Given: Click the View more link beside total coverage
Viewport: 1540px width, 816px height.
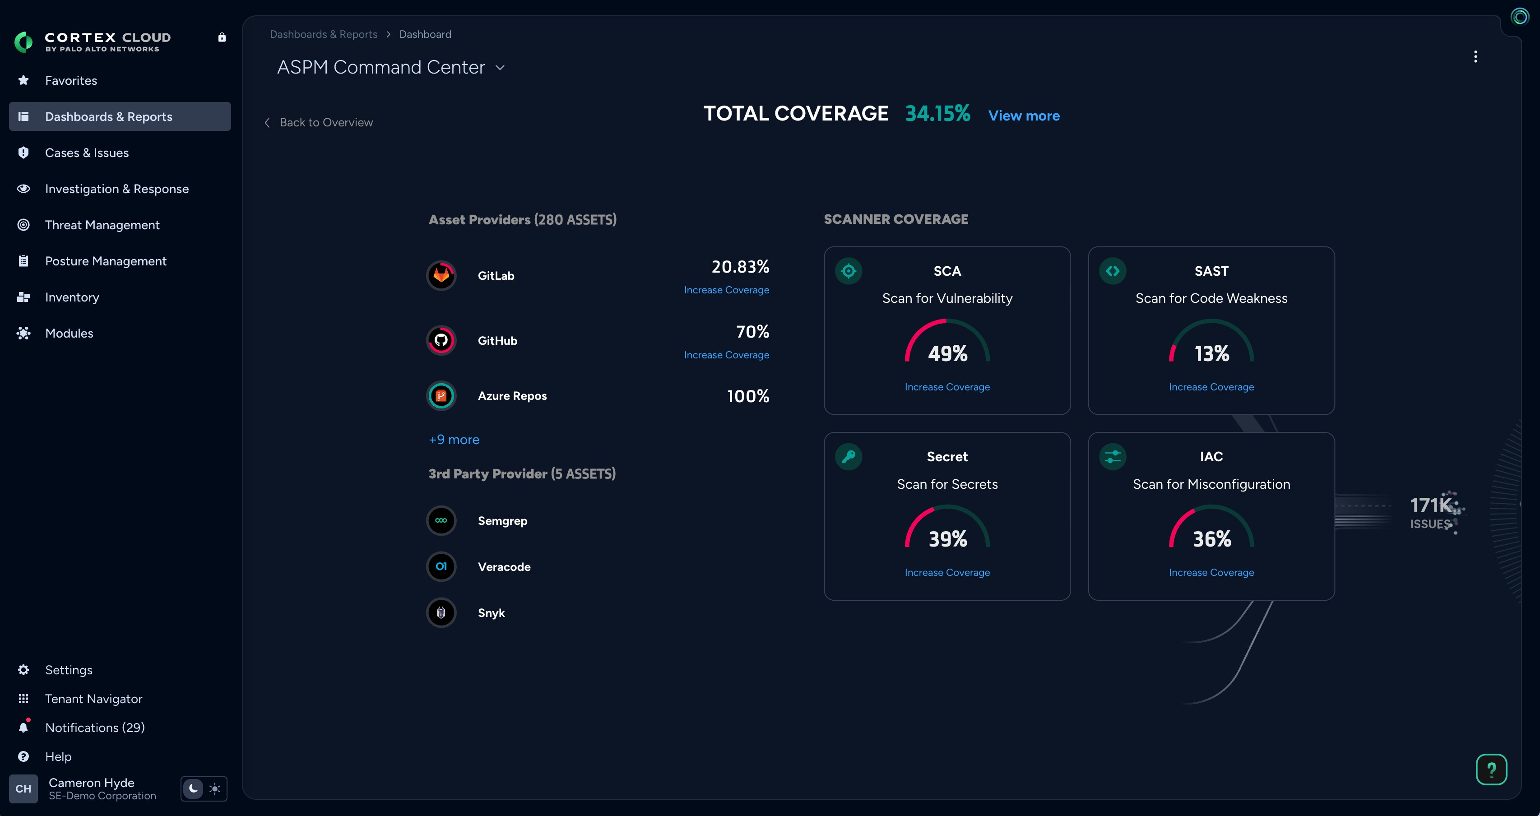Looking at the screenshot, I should point(1024,116).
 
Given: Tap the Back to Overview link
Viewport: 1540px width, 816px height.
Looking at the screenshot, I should point(325,123).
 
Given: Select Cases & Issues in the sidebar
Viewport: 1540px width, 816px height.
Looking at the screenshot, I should point(87,153).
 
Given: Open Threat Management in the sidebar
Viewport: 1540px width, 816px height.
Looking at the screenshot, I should point(102,225).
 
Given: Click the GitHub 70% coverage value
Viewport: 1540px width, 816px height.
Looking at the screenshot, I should point(752,332).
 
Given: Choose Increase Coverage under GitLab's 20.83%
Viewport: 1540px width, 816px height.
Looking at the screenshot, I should point(726,290).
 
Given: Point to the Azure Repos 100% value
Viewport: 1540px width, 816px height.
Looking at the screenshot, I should point(748,396).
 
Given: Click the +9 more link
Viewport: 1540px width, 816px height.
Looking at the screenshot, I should point(454,440).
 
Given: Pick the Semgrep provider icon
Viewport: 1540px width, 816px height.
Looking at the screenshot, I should point(441,521).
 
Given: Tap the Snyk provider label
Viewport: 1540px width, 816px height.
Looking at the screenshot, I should point(491,613).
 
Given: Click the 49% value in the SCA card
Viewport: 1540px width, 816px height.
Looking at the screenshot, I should point(947,354).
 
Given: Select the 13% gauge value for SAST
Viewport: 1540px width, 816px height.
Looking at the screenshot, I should point(1212,354).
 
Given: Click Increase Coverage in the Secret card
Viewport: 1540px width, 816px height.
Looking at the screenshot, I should point(947,573).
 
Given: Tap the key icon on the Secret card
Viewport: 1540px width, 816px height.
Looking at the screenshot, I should point(849,457).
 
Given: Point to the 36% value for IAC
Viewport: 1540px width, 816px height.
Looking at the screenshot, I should point(1212,539).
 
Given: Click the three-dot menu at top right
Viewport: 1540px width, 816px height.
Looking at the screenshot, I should point(1475,57).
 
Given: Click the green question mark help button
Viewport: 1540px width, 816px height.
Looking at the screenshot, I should point(1491,770).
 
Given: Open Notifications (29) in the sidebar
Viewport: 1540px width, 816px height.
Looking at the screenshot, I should point(94,728).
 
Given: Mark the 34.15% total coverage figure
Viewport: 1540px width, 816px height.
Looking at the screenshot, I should point(937,114).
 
